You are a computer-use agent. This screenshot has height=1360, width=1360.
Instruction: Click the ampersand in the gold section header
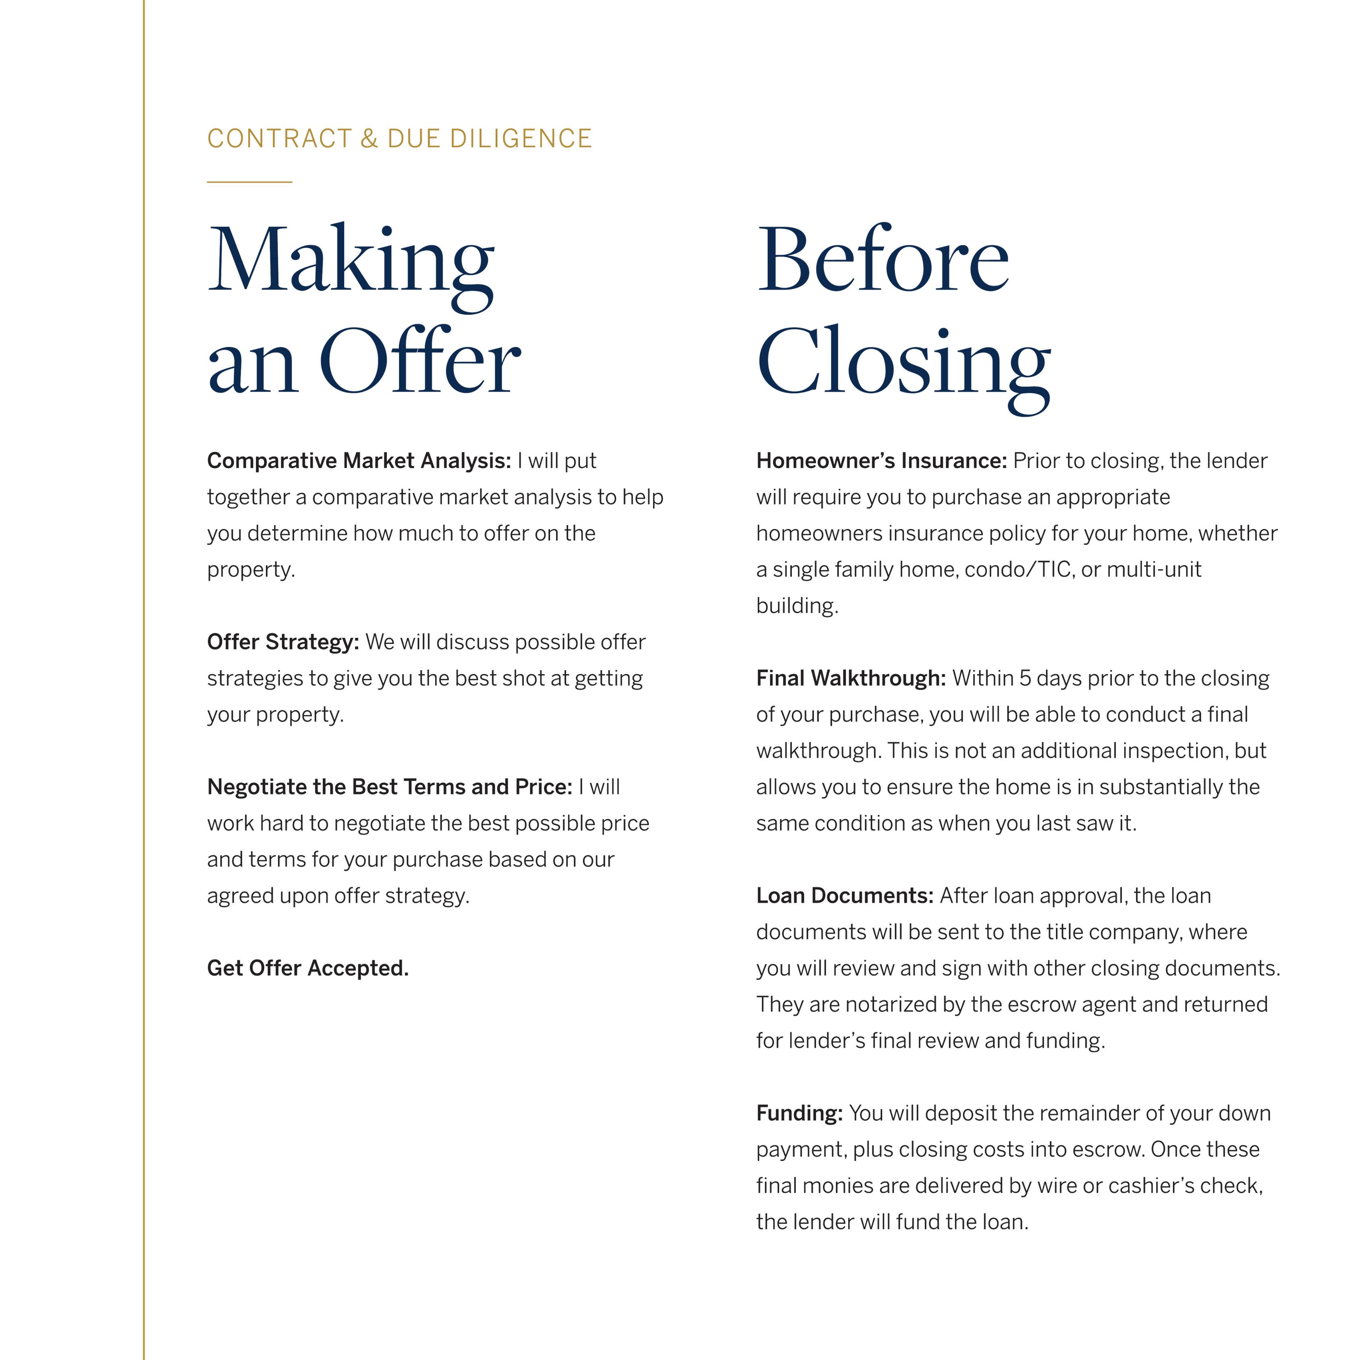(x=369, y=139)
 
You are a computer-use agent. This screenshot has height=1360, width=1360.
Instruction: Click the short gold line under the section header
(x=249, y=182)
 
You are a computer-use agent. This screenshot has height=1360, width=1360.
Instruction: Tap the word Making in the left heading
(x=351, y=260)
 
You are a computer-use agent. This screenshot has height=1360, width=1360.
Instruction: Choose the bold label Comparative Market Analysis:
(x=359, y=461)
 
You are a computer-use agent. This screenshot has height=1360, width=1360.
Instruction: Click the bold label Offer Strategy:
(x=283, y=642)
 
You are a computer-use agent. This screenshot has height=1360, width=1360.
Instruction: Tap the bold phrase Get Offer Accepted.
(x=307, y=969)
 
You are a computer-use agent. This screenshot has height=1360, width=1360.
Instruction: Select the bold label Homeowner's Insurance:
(x=881, y=461)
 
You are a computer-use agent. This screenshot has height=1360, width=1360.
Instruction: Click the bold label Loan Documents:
(x=845, y=896)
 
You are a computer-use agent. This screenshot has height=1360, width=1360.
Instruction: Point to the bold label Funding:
(x=799, y=1114)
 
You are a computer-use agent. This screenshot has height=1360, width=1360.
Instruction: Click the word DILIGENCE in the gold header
(x=521, y=139)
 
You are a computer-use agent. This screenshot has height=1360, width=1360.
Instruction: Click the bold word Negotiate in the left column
(x=257, y=787)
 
